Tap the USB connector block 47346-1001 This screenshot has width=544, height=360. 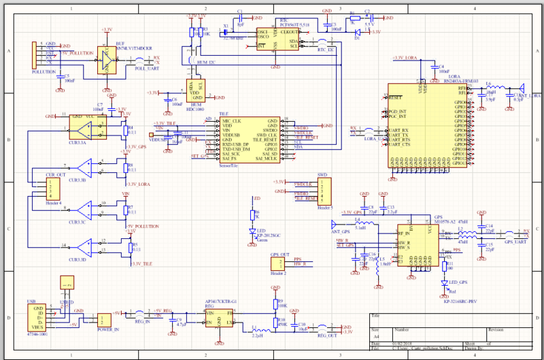37,317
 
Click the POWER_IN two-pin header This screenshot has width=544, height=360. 104,321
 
